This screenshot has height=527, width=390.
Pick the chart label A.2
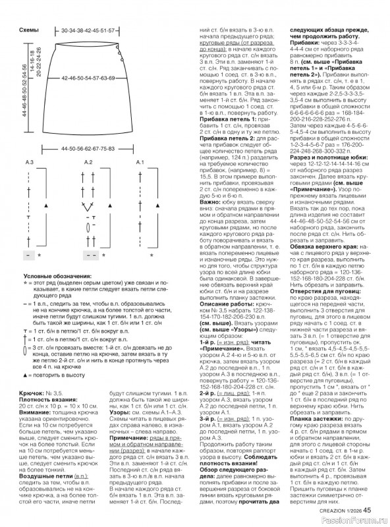click(x=88, y=162)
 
